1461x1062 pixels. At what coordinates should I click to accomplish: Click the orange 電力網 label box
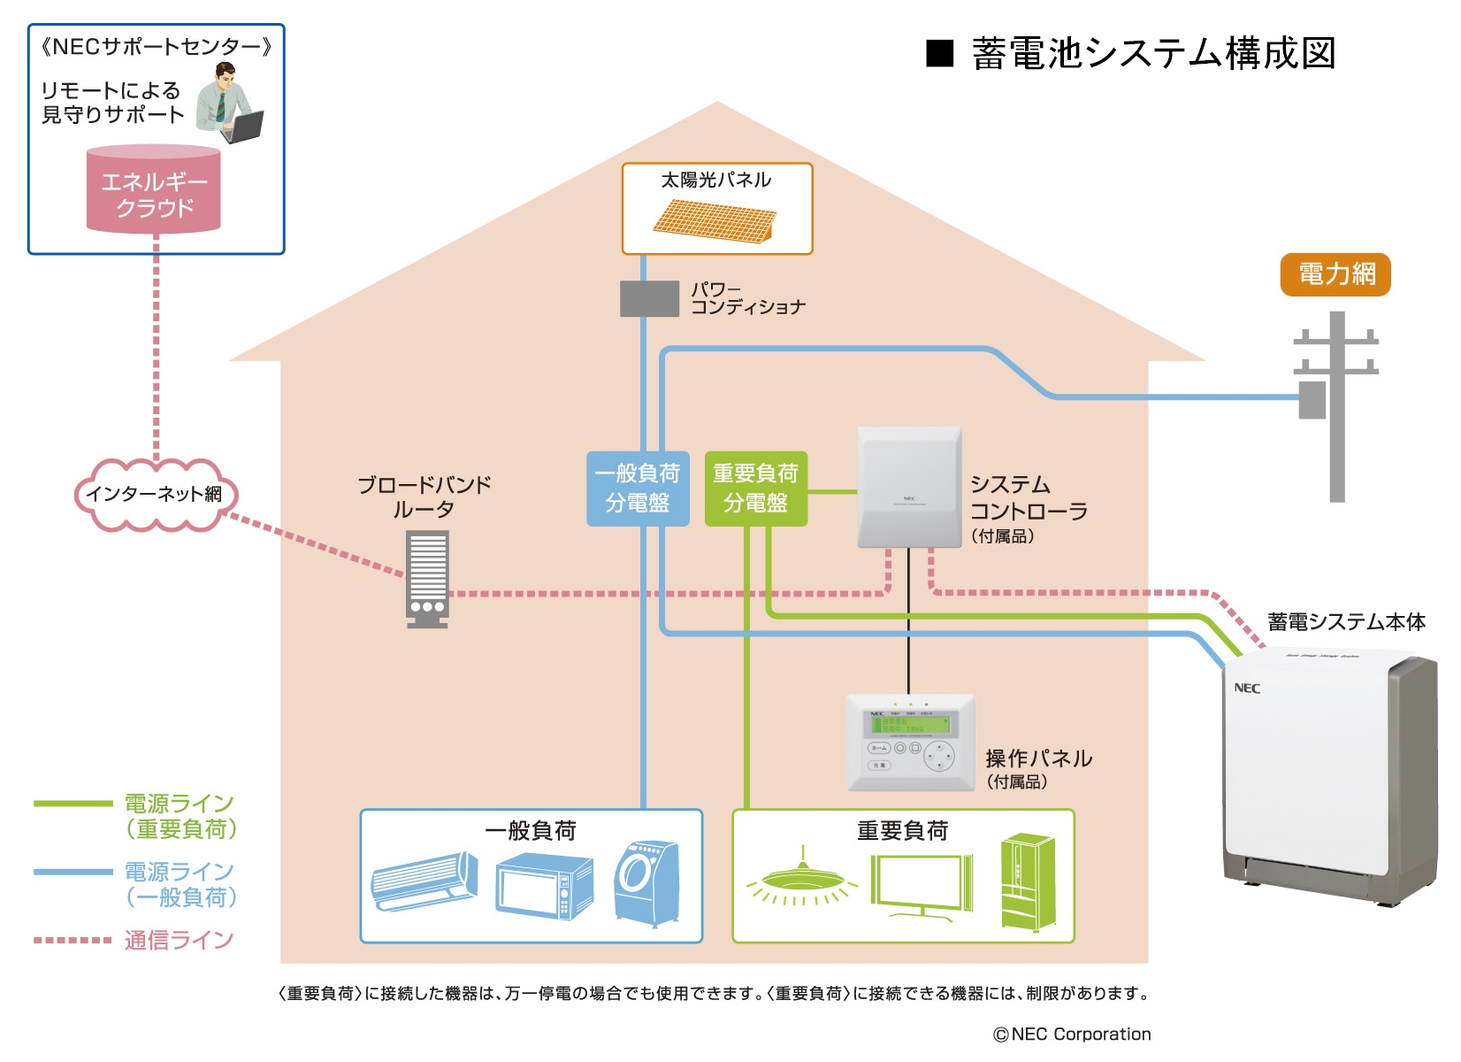pos(1335,274)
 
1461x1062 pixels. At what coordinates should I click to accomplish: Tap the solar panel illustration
pos(715,220)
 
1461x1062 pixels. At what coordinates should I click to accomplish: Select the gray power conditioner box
pos(649,299)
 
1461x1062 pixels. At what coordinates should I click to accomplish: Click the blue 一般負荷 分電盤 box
pos(638,489)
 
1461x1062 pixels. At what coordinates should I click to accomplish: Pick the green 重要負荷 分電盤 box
pos(755,489)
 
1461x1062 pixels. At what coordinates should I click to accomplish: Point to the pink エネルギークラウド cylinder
pos(154,191)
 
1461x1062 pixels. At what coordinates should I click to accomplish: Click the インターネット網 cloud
pos(154,494)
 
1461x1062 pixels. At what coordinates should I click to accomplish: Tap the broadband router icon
pos(427,578)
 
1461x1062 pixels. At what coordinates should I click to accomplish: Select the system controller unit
pos(909,487)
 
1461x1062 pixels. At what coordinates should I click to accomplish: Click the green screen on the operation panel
pos(910,724)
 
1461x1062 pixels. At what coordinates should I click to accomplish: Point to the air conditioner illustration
pos(424,881)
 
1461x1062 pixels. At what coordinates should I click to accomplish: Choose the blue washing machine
pos(646,882)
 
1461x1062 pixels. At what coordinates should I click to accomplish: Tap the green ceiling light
pos(802,880)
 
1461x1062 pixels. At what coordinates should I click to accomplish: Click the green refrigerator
pos(1028,882)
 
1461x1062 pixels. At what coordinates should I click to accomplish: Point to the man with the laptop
pos(228,104)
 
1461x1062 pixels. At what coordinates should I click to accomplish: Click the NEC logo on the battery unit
pos(1246,689)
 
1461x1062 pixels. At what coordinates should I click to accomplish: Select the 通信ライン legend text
pos(180,940)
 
